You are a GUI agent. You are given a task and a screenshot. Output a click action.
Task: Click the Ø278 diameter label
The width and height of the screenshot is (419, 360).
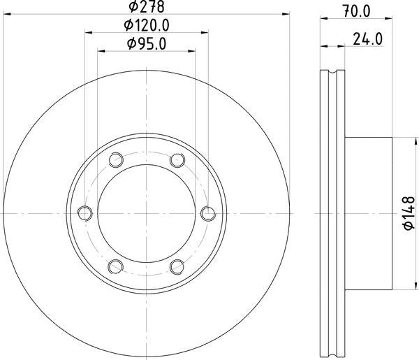point(146,6)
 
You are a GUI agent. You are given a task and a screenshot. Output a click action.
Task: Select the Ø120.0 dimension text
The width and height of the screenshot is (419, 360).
point(147,26)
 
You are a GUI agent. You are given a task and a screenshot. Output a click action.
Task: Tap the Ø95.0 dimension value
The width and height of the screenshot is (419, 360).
point(147,44)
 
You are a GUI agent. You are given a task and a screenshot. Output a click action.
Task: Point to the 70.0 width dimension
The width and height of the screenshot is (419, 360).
point(357,11)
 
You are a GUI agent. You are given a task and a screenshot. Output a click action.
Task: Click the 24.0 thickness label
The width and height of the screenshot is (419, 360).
point(368,39)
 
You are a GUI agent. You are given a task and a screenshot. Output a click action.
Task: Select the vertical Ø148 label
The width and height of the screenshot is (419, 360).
point(409,213)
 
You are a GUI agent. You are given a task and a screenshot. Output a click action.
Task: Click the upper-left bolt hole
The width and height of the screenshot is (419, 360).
point(116,160)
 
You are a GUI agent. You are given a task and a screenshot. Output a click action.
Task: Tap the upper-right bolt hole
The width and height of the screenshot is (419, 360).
point(177,160)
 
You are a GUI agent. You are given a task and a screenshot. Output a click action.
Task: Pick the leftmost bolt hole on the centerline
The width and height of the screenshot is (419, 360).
point(85,213)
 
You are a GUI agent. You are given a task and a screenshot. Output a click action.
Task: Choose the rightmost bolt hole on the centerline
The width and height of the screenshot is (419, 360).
point(208,213)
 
